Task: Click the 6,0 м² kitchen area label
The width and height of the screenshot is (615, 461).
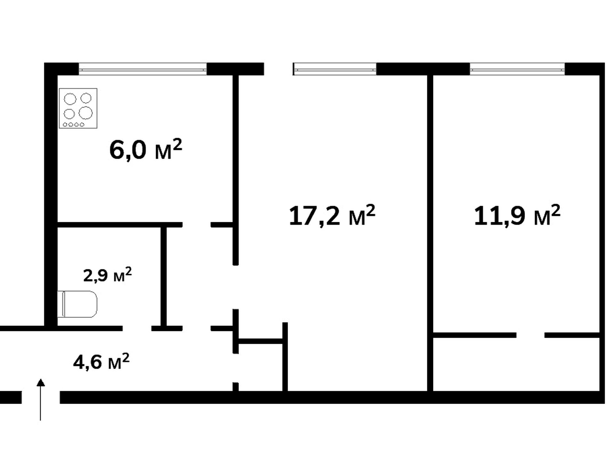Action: (146, 150)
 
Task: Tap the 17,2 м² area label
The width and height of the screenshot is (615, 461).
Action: (332, 215)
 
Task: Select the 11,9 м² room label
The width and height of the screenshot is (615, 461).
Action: (517, 215)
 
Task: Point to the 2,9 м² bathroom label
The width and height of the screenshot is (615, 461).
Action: (107, 275)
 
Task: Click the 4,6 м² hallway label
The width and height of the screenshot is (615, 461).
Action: (101, 362)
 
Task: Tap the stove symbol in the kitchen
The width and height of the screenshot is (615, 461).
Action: (78, 108)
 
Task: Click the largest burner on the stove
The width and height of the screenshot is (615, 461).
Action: (86, 113)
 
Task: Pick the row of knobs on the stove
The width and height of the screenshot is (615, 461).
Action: (74, 125)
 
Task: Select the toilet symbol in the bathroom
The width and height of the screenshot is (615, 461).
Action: (77, 304)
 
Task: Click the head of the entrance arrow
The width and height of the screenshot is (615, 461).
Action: (40, 382)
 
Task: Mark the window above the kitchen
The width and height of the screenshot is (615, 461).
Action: (143, 69)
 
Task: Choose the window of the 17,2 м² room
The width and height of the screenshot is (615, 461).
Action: (334, 69)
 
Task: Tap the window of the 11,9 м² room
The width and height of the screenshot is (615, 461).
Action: (517, 69)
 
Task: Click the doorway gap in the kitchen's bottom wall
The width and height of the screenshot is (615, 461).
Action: (197, 225)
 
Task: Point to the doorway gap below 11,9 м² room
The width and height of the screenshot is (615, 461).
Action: (530, 335)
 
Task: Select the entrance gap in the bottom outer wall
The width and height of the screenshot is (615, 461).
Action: (41, 397)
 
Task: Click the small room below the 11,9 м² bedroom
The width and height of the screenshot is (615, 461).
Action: (516, 364)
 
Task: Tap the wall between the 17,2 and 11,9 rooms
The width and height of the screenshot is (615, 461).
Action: (430, 233)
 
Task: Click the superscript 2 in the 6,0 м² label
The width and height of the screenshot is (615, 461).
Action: (177, 144)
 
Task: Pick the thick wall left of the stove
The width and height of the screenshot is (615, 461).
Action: (51, 195)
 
